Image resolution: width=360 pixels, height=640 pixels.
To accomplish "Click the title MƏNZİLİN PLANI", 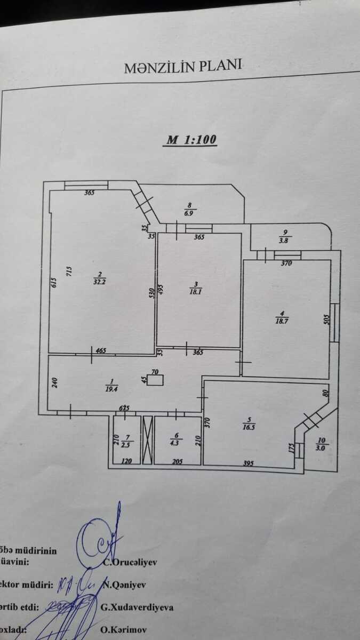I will (183, 68).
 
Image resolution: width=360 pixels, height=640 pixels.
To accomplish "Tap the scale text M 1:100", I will (191, 140).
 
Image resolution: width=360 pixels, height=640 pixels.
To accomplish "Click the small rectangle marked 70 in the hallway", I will (156, 380).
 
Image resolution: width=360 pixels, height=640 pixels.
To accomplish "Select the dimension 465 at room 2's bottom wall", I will (102, 350).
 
